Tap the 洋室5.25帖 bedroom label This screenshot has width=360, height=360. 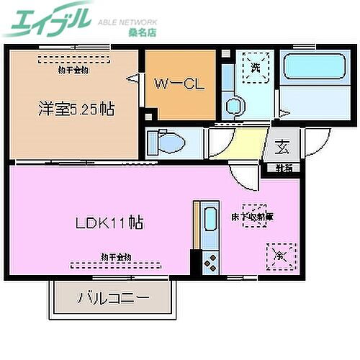pos(76,110)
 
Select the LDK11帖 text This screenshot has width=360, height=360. pos(109,222)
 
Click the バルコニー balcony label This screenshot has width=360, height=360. pos(113,297)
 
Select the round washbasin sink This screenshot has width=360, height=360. pos(235,107)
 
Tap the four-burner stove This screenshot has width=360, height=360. pos(210,262)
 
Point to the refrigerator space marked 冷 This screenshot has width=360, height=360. pos(280,255)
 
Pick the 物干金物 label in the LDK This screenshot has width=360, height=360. pos(115,256)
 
